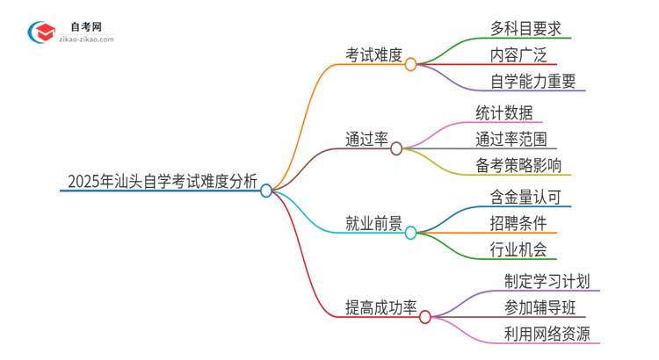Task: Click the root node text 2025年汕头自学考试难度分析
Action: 162,182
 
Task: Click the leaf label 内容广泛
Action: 518,55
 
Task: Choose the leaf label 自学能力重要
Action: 533,83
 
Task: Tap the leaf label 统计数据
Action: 503,112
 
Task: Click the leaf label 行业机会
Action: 518,250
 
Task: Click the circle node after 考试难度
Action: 410,63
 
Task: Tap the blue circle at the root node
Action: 266,190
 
